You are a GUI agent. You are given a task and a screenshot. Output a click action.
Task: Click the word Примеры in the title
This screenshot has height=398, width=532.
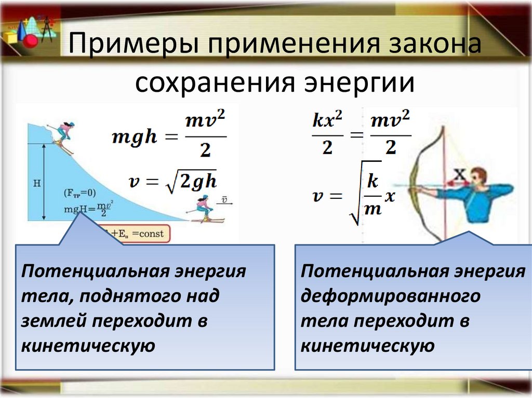tap(132, 46)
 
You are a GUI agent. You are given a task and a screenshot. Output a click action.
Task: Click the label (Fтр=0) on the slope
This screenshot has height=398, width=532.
tap(79, 193)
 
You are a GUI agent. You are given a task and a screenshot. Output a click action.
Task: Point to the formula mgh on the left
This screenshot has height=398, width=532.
tap(134, 138)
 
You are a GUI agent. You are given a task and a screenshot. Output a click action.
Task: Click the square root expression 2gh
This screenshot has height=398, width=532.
tap(190, 181)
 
